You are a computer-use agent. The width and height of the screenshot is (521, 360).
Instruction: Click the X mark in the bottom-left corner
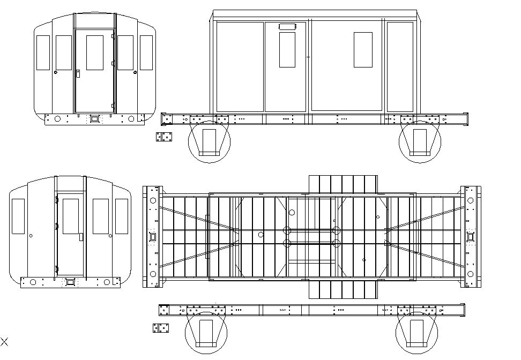[4, 341]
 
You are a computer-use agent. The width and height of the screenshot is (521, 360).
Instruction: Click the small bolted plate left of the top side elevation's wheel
[165, 137]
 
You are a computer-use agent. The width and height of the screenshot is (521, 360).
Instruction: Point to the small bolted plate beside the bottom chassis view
[161, 328]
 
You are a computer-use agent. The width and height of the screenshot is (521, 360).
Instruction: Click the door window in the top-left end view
[94, 52]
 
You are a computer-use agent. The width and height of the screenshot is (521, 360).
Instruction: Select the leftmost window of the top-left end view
[43, 52]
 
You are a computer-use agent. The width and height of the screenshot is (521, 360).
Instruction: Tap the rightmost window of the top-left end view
[146, 52]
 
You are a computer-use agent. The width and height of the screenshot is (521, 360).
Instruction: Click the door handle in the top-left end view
[78, 73]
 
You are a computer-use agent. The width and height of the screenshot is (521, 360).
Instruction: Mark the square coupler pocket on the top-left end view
[94, 118]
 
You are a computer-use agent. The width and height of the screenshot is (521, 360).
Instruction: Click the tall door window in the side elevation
[287, 50]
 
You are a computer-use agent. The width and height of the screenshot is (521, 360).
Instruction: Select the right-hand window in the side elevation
[363, 50]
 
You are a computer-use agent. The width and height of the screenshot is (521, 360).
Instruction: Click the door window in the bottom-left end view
[71, 216]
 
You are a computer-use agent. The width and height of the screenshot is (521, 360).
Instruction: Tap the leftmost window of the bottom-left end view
[18, 216]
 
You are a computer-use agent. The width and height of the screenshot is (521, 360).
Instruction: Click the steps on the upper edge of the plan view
[343, 184]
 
